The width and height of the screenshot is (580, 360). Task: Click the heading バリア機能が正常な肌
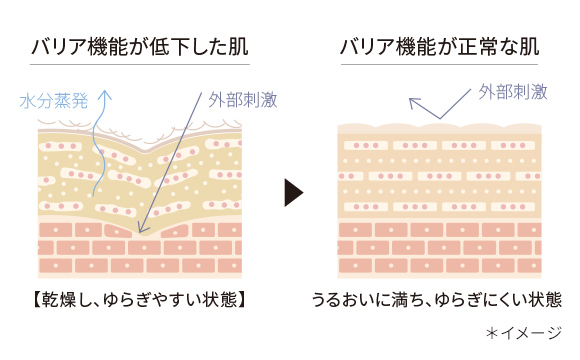pyautogui.click(x=440, y=46)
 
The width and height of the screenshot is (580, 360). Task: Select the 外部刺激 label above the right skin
pyautogui.click(x=512, y=92)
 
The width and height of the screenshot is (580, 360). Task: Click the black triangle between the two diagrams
pyautogui.click(x=293, y=193)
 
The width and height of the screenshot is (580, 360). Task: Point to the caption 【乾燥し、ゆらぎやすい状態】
pyautogui.click(x=139, y=298)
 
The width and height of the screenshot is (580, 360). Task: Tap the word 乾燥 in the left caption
pyautogui.click(x=57, y=298)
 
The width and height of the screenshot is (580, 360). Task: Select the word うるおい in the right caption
pyautogui.click(x=341, y=298)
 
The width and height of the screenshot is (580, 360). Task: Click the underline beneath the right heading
pyautogui.click(x=440, y=66)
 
